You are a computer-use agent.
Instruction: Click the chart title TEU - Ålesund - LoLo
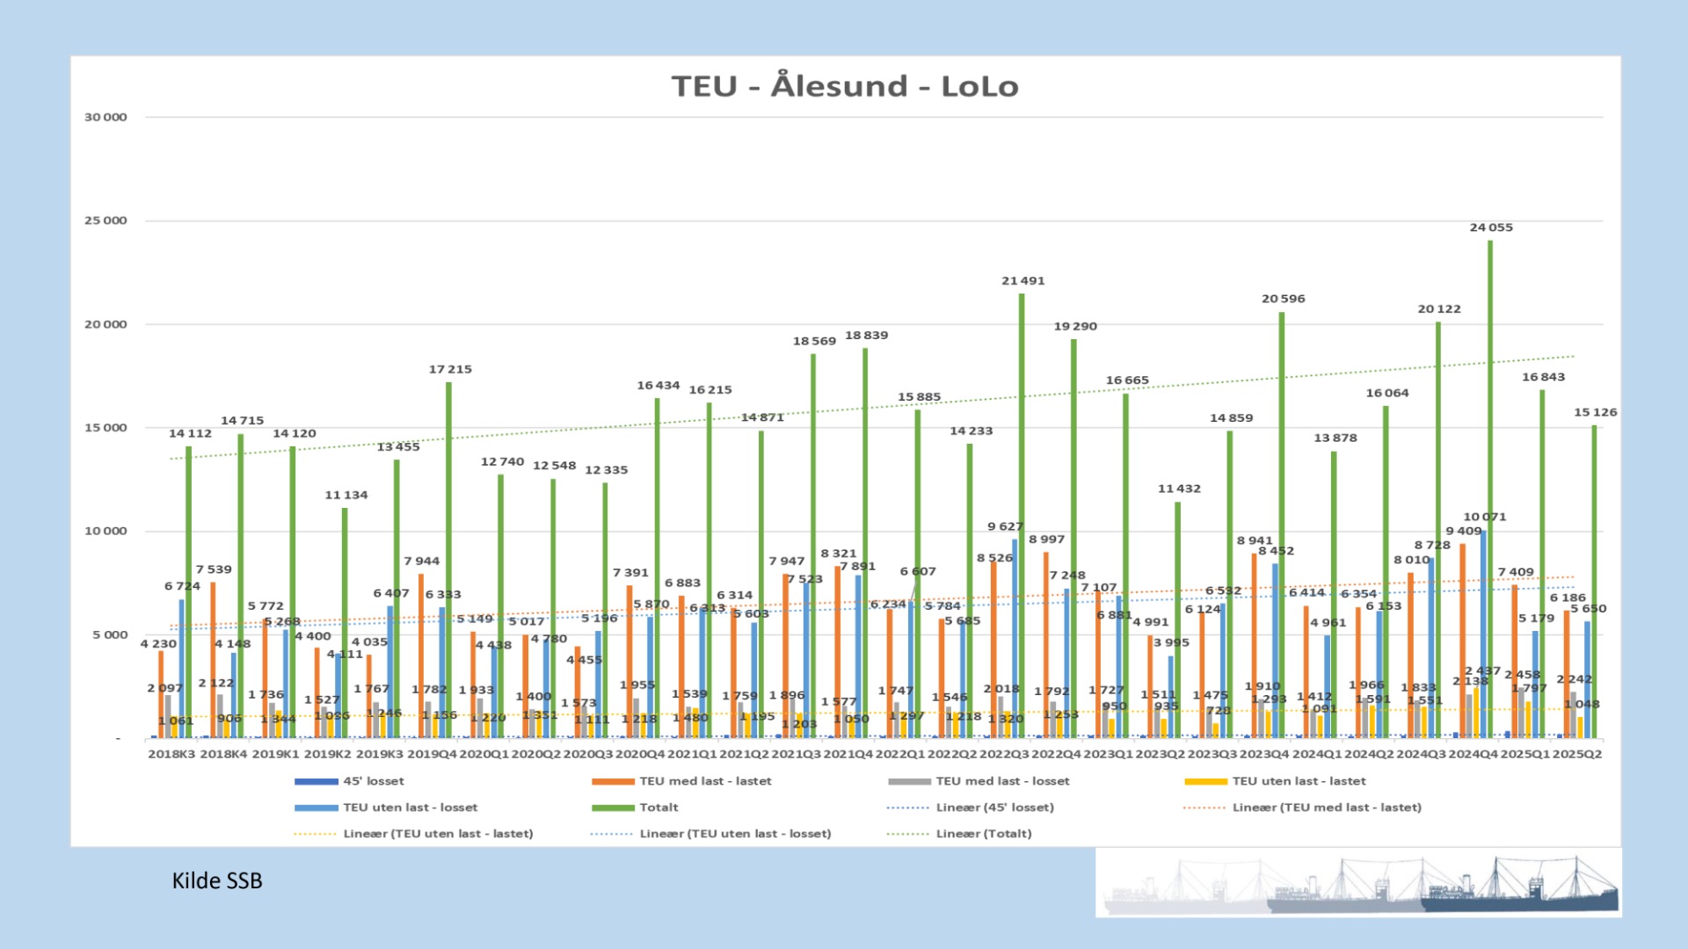tap(845, 86)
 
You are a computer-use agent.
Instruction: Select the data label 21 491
tap(1022, 281)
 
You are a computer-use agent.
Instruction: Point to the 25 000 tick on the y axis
tap(105, 221)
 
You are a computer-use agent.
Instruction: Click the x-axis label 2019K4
tap(432, 754)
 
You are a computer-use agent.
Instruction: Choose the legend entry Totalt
tap(658, 808)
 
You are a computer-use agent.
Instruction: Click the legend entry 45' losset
tap(373, 781)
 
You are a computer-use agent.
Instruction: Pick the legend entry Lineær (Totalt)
tap(983, 834)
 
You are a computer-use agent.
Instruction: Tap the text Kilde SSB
tap(217, 880)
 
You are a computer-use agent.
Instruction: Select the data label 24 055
tap(1491, 228)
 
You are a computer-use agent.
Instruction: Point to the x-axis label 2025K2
tap(1576, 754)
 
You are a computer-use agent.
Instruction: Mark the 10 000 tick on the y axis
tap(105, 531)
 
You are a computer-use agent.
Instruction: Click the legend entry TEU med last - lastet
tap(704, 781)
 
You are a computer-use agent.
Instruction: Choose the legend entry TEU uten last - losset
tap(410, 808)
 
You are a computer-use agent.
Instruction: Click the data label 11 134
tap(346, 496)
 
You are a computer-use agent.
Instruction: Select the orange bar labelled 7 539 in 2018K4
tap(213, 659)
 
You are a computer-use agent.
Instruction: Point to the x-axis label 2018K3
tap(171, 754)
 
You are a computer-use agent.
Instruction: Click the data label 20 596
tap(1283, 299)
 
